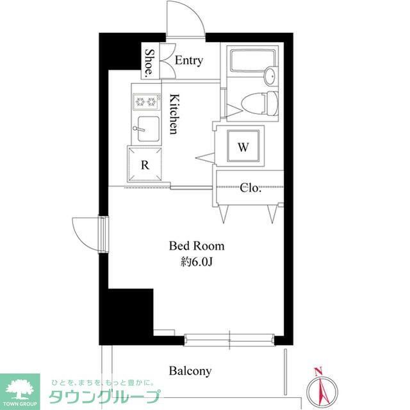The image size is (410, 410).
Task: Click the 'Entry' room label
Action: point(188,61)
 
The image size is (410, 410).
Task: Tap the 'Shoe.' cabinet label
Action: point(149,62)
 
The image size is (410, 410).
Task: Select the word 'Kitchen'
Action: point(174,114)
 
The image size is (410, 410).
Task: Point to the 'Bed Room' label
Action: point(197,245)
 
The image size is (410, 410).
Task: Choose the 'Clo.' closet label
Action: point(250,188)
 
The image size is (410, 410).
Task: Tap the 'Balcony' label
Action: point(190,371)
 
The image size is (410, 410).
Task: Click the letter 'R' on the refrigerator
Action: point(145,164)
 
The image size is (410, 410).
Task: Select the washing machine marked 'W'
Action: point(243,147)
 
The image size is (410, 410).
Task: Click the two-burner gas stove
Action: point(146,101)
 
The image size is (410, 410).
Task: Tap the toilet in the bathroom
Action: point(263,102)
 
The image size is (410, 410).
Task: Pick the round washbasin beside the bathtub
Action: point(271,76)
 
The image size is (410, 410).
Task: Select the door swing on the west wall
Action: point(85,234)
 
